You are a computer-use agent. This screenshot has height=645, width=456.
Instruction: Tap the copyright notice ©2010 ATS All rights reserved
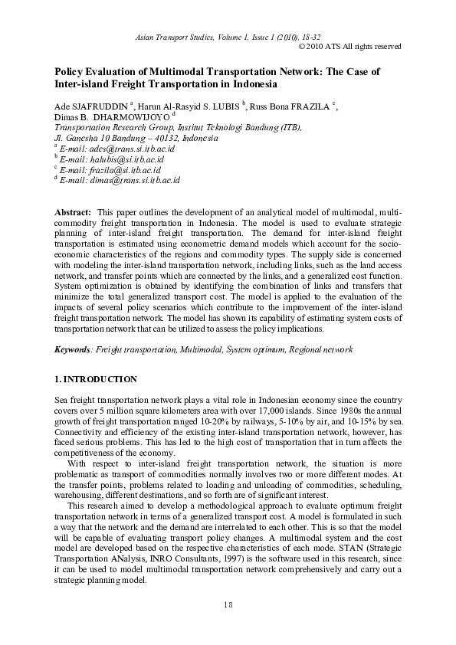pyautogui.click(x=349, y=46)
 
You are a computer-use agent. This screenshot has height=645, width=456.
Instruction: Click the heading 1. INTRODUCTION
pyautogui.click(x=96, y=379)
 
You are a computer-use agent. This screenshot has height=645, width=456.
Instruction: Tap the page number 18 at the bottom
pyautogui.click(x=228, y=604)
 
